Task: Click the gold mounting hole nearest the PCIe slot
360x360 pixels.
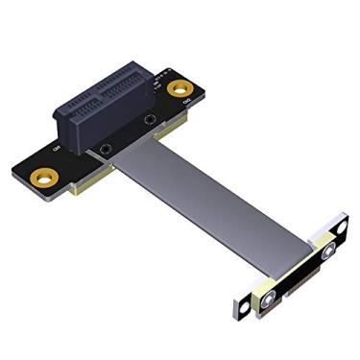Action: coord(178,89)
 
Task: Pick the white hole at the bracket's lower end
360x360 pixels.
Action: coord(240,308)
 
